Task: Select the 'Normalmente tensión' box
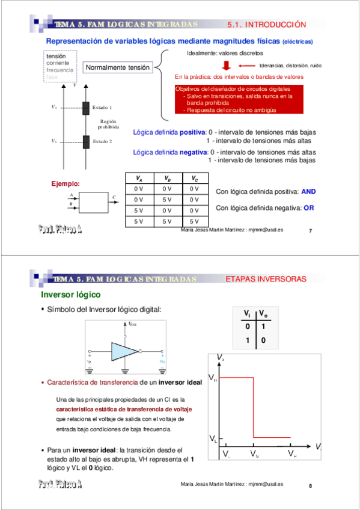point(118,68)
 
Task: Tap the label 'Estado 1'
point(102,107)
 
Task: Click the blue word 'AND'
point(308,191)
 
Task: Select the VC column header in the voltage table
point(194,179)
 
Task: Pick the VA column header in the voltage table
point(139,179)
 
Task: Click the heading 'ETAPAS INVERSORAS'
point(266,280)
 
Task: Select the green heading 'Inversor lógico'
point(70,295)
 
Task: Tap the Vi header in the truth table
point(246,313)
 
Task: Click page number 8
point(311,485)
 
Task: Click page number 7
point(311,230)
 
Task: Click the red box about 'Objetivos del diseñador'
point(237,99)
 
